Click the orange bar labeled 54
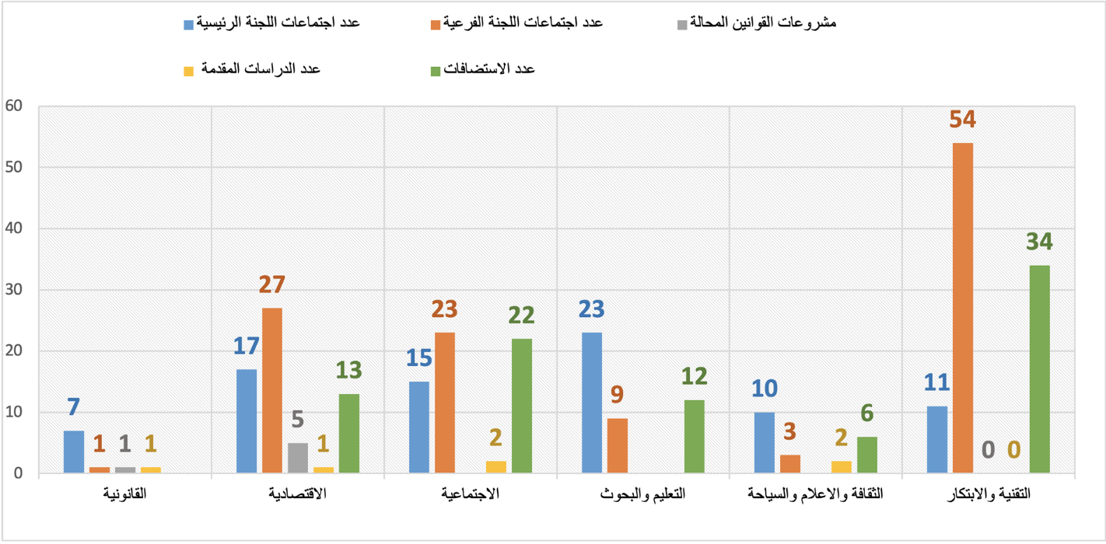963,308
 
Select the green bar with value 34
1039,369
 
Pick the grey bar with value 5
298,458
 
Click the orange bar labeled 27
272,390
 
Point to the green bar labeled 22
522,406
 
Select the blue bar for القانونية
74,452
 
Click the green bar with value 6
866,455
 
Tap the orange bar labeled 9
618,445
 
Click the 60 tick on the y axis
15,106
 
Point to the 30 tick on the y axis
15,290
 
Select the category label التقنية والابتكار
988,494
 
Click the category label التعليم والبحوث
642,494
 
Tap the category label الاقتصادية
298,494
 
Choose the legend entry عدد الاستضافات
488,69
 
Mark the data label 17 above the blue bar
247,346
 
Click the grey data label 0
988,450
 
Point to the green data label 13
349,370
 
